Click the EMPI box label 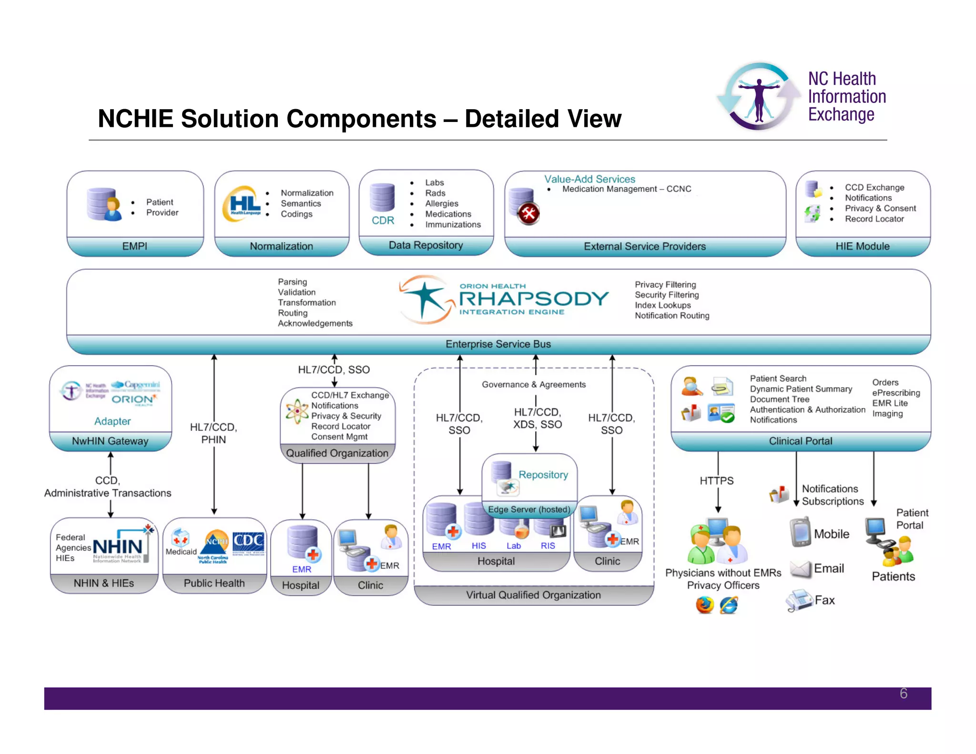coord(134,246)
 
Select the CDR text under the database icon coord(383,221)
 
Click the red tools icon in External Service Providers coord(529,214)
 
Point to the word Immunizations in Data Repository coord(453,224)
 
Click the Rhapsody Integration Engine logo coord(504,299)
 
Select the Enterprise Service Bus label coord(498,344)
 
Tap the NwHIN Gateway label coord(110,441)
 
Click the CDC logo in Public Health coord(248,544)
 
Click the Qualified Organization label coord(337,453)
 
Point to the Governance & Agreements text coord(534,385)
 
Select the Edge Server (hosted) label coord(529,509)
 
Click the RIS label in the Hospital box coord(548,546)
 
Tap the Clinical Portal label coord(801,441)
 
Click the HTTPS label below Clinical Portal coord(716,481)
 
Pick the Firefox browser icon coord(704,605)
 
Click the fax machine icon coord(799,601)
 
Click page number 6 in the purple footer coord(904,693)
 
